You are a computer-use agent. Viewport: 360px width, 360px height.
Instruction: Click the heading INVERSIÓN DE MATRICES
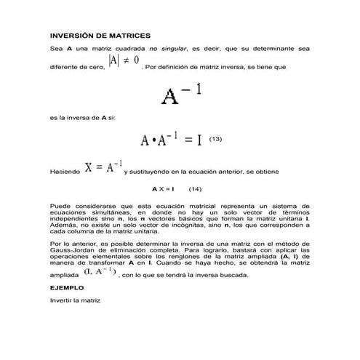[x=99, y=35]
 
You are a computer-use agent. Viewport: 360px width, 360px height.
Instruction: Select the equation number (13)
[x=215, y=137]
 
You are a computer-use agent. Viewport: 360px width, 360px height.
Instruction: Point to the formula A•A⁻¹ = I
[x=171, y=139]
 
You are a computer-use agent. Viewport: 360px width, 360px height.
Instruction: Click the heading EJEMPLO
[x=67, y=287]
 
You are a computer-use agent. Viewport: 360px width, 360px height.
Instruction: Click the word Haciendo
[x=64, y=172]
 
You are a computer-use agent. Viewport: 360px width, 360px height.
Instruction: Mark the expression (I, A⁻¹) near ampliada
[x=98, y=271]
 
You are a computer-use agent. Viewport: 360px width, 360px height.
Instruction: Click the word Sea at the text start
[x=55, y=48]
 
